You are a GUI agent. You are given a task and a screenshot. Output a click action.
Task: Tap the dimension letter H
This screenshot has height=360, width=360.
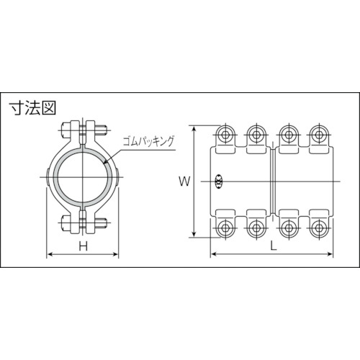click(x=83, y=246)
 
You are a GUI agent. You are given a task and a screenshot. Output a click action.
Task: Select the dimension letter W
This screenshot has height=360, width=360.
click(x=184, y=181)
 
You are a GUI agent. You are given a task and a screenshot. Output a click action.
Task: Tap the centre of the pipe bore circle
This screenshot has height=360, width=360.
click(x=83, y=177)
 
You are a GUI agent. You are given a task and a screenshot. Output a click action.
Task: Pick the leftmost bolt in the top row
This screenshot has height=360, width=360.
click(x=225, y=135)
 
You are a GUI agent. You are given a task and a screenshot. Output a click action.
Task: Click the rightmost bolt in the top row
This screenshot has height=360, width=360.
click(x=318, y=135)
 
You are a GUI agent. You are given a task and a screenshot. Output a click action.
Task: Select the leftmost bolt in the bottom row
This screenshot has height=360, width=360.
click(x=225, y=228)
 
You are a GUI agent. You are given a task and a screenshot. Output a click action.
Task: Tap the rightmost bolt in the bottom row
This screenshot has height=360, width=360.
click(x=318, y=228)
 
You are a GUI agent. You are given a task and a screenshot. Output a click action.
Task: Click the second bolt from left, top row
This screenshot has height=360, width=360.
click(x=256, y=135)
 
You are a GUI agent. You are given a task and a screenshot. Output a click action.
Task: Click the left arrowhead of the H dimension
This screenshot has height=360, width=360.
click(x=48, y=254)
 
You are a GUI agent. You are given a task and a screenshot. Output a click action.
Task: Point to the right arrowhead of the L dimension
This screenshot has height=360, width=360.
click(x=332, y=254)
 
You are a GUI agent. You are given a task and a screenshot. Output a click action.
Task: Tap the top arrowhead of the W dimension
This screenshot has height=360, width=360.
click(x=194, y=126)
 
